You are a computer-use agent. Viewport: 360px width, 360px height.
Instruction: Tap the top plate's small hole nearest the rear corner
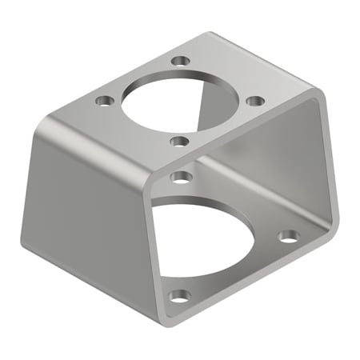(182, 61)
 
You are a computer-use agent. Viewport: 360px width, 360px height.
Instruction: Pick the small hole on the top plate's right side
(255, 101)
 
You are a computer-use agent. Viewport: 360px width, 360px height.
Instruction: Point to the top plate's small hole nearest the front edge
(180, 142)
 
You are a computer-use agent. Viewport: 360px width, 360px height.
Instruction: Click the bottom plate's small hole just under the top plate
(182, 176)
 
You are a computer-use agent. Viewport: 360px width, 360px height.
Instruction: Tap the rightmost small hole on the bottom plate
(290, 236)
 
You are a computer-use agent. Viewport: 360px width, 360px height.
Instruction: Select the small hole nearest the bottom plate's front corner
(180, 296)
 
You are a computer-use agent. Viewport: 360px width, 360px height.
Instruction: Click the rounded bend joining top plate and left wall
(48, 124)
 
